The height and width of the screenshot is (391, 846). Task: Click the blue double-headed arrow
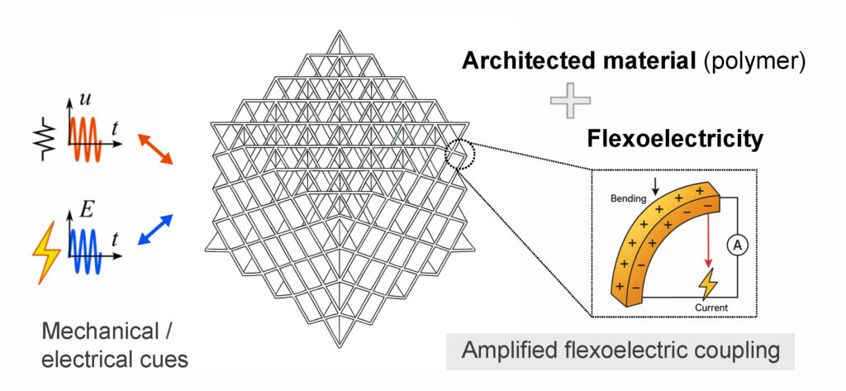[155, 229]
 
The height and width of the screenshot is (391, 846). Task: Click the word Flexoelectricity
[674, 139]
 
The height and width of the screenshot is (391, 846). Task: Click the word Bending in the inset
[628, 199]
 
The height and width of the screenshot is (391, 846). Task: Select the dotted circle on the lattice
[459, 154]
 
